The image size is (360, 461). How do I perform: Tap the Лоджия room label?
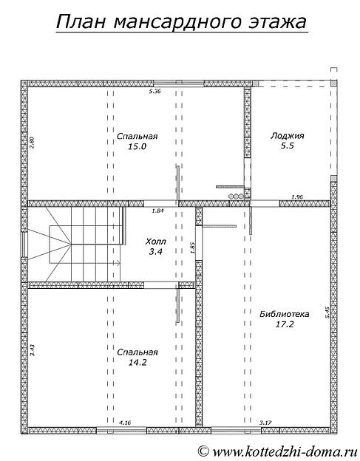coord(288,136)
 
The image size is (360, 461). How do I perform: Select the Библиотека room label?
coord(285,314)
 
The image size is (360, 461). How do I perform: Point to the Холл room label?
coord(155,242)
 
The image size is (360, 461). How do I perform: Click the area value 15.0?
coord(137,146)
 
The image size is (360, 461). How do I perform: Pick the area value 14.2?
coord(137,362)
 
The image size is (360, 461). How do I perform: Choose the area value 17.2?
coord(285,324)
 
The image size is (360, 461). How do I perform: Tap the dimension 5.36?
coord(154,91)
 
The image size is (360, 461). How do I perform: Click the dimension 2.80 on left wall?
coord(33,142)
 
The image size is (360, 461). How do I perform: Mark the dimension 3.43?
coord(33,350)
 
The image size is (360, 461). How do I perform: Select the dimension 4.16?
coord(124,423)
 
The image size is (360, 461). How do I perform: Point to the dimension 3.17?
coord(265,423)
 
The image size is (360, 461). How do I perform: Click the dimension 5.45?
coord(327,313)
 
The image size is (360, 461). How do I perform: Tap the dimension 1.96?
coord(297,197)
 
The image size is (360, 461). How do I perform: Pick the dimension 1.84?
coord(157,211)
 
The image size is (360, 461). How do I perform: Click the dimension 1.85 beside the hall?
coord(193,247)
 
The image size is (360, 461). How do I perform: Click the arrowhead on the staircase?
coord(118,263)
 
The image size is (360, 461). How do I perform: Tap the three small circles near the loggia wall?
coord(237,196)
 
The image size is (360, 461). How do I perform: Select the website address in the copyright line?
coord(285,451)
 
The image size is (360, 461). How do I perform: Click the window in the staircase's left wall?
coord(24,245)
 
